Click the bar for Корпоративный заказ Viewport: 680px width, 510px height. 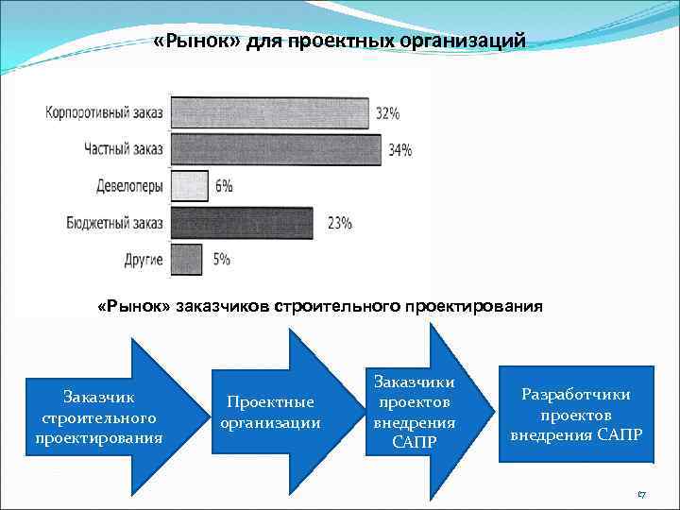[268, 112]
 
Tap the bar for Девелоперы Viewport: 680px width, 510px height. [188, 185]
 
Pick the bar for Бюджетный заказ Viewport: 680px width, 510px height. [241, 223]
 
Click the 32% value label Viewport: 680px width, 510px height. [387, 113]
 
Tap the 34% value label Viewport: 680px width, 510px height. [399, 149]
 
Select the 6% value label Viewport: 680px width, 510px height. [224, 186]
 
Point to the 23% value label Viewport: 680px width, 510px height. [339, 224]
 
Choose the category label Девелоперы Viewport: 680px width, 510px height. [129, 186]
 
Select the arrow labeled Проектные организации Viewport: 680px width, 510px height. [272, 412]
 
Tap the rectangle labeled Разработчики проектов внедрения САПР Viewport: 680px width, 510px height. [576, 414]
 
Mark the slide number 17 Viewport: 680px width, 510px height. [640, 494]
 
